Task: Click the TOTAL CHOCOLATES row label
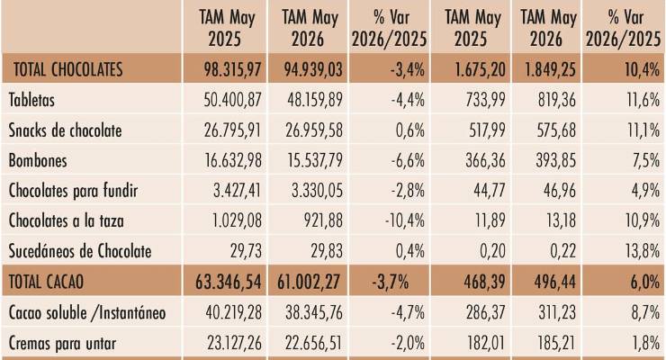68,69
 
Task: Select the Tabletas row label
31,100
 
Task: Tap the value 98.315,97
232,69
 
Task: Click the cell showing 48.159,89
315,100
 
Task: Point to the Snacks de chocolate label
65,130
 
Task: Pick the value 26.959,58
314,130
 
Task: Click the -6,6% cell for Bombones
408,160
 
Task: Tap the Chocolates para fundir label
73,191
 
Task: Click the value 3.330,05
317,191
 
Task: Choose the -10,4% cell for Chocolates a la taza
404,220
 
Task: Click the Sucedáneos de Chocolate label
80,251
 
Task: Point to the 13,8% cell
643,251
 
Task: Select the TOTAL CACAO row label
46,282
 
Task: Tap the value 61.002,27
309,282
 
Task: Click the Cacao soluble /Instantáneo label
87,313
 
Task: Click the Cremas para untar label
62,343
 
